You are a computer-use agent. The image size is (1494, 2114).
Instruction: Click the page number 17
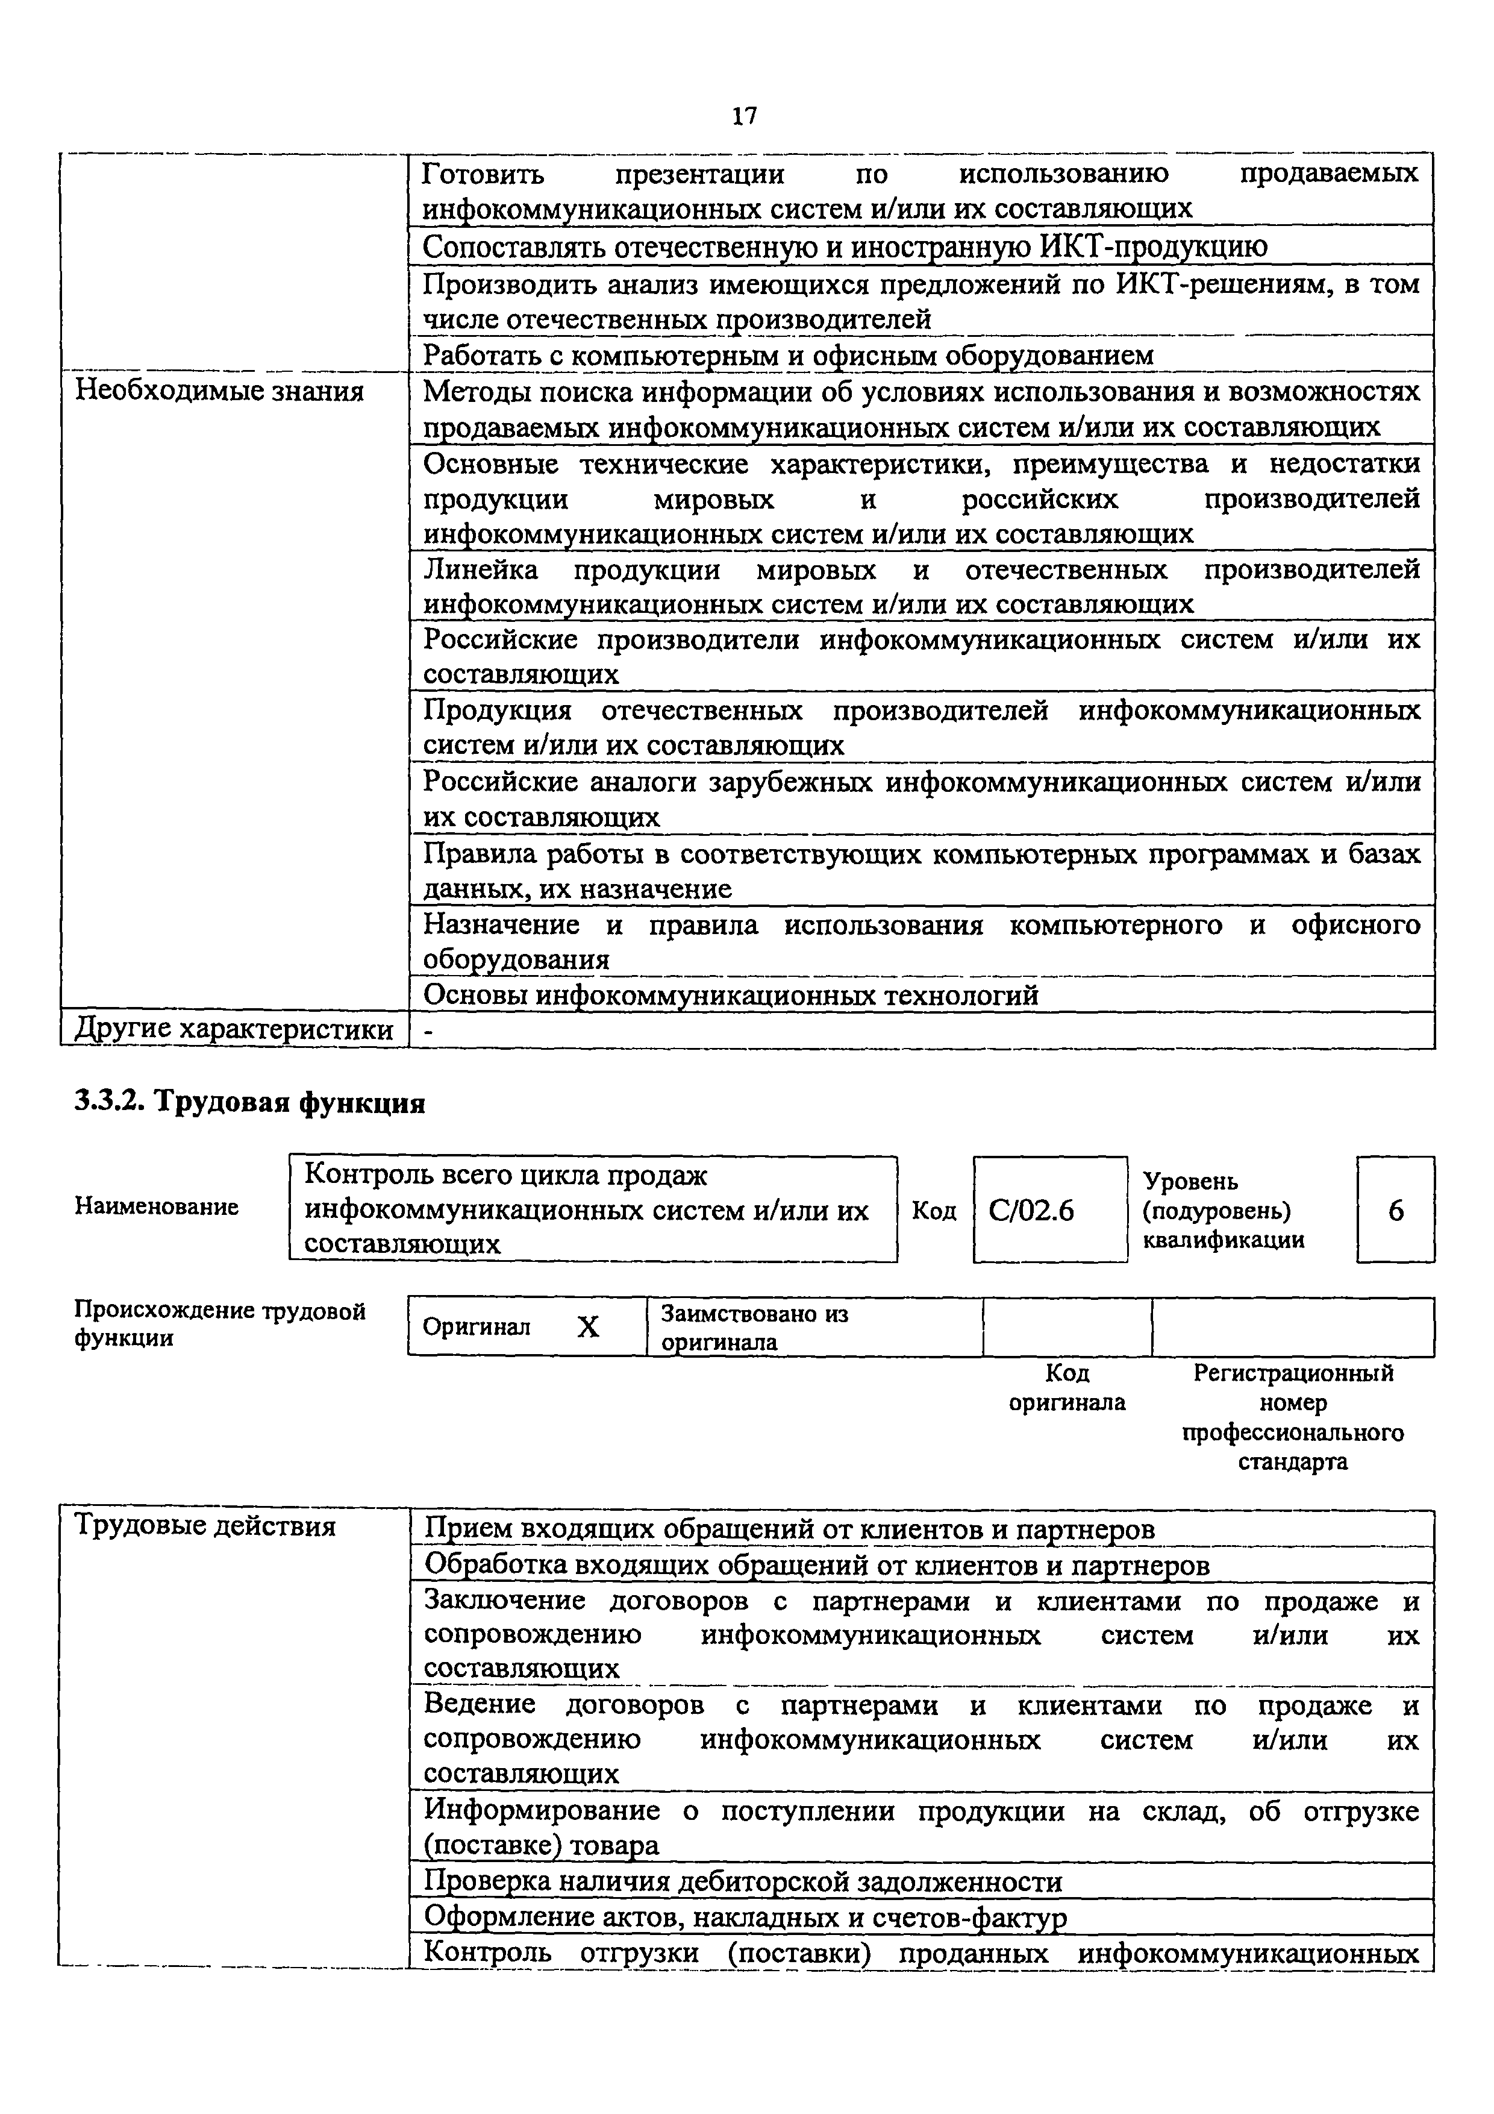(x=745, y=116)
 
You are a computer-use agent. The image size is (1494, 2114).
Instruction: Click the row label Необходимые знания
(x=219, y=391)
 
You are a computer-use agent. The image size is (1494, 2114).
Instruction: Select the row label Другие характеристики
(x=234, y=1029)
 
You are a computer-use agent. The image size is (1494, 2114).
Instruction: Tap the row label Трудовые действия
(x=204, y=1526)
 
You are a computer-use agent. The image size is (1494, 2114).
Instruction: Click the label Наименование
(x=157, y=1206)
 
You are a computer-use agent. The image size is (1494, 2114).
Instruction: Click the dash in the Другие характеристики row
(x=427, y=1031)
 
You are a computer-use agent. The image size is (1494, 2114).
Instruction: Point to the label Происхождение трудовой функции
(x=219, y=1323)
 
